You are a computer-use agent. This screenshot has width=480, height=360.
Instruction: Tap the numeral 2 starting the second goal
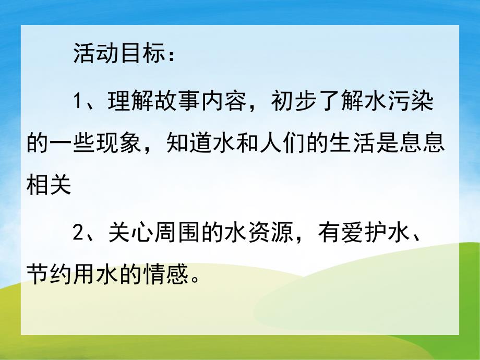(78, 232)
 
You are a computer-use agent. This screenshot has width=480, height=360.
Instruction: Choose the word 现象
(119, 143)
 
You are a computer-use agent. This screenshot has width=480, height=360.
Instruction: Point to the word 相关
(50, 186)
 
